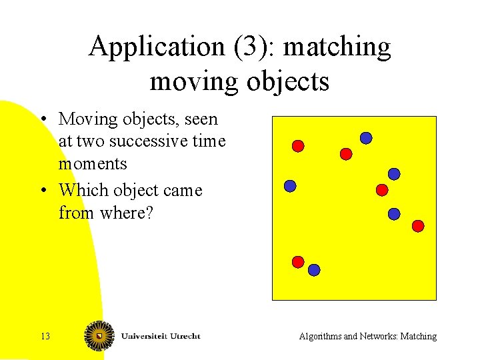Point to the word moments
(93, 163)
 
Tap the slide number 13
(45, 336)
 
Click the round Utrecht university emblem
(99, 335)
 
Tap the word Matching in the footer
(418, 336)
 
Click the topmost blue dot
(366, 138)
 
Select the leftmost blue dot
(290, 187)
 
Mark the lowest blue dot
(314, 270)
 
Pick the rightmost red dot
(418, 226)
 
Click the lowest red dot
(298, 262)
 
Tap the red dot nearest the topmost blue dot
(346, 154)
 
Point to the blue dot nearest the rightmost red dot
(394, 214)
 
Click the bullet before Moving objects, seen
(42, 120)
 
